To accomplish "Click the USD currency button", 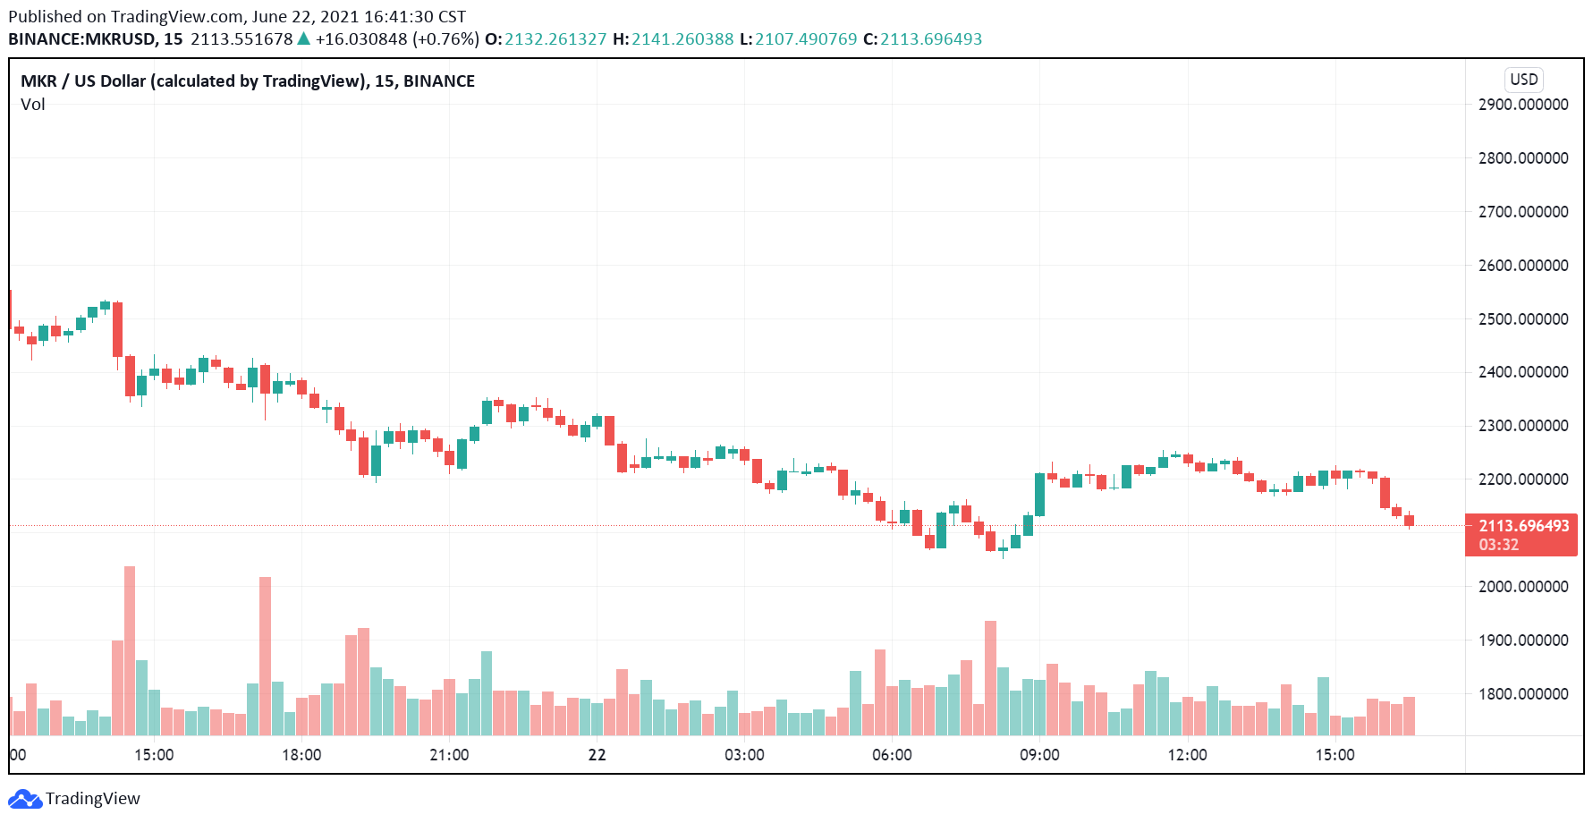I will [x=1523, y=80].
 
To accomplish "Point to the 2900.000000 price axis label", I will [x=1523, y=105].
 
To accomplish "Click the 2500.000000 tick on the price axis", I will [x=1523, y=319].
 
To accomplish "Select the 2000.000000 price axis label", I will [x=1523, y=587].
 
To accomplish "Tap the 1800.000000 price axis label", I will [x=1523, y=694].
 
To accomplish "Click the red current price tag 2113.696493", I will [x=1523, y=526].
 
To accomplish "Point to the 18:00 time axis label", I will [x=301, y=755].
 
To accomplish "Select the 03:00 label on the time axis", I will [x=744, y=755].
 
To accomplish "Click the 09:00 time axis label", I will [x=1039, y=755].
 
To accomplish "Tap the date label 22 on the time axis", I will [x=597, y=755].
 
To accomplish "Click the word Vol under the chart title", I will [x=33, y=105].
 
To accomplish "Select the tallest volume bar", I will [x=130, y=650].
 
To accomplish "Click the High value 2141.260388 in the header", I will [x=682, y=39].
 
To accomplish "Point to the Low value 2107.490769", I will [x=806, y=39].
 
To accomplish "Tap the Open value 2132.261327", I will [x=555, y=39].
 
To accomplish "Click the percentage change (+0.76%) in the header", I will [x=445, y=39].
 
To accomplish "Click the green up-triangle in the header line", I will [x=304, y=38].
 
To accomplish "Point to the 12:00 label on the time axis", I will [x=1187, y=755].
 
